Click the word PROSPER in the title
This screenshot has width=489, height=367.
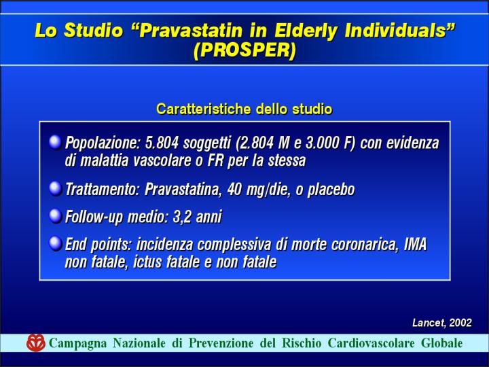click(244, 50)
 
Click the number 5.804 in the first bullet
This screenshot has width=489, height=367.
click(162, 143)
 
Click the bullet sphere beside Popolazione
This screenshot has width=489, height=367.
click(56, 143)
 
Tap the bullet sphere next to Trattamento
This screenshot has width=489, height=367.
click(56, 189)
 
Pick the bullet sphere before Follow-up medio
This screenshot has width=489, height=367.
click(56, 216)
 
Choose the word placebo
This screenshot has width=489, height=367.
click(331, 190)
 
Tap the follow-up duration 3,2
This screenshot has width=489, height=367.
click(182, 217)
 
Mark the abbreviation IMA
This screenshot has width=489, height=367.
click(415, 245)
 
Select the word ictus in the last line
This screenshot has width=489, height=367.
click(147, 262)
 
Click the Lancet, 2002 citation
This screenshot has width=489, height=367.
click(442, 323)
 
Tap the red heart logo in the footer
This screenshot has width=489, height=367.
click(36, 343)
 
